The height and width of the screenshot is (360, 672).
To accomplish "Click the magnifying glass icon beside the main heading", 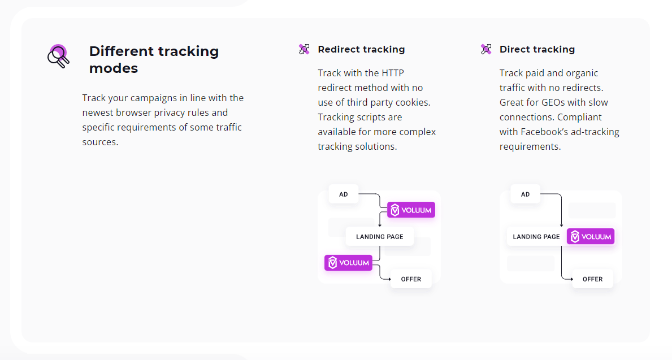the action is (x=58, y=56).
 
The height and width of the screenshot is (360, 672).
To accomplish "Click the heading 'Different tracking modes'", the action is (x=154, y=59).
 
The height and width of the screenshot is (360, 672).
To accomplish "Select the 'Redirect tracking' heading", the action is (x=361, y=49).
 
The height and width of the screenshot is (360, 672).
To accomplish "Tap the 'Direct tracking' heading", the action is (x=537, y=49).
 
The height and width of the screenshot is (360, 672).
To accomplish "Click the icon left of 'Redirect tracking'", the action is (x=304, y=49).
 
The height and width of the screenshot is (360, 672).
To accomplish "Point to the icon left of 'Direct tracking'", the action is (x=486, y=49).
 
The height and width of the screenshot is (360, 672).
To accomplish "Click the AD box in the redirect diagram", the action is (x=344, y=194).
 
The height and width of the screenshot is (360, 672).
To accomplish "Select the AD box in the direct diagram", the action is (x=525, y=194).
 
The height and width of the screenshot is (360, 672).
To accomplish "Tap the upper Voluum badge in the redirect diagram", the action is (x=411, y=210).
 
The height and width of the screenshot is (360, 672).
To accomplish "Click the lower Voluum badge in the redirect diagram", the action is (x=348, y=263).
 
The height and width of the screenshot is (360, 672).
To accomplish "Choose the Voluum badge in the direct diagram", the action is (x=590, y=237).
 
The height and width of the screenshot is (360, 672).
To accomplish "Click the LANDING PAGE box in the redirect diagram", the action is (x=379, y=237).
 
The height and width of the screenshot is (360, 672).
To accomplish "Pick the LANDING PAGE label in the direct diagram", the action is (x=536, y=237).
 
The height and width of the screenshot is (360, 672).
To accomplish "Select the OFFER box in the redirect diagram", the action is (x=411, y=279).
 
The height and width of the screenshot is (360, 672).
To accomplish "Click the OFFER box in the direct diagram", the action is (x=592, y=279).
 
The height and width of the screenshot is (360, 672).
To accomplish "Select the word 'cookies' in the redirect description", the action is (x=412, y=102).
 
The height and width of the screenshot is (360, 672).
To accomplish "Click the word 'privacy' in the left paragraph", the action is (x=170, y=112).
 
